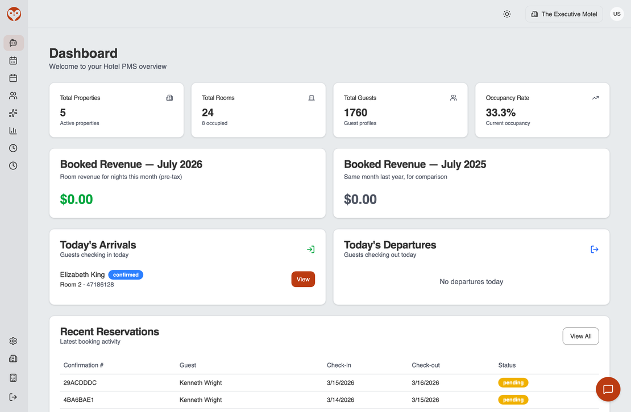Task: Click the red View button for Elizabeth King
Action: (x=303, y=279)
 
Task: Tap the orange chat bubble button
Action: (x=608, y=389)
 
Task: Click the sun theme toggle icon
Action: (x=507, y=14)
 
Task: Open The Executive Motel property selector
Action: (x=564, y=14)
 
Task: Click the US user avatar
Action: (x=617, y=14)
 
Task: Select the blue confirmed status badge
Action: (x=126, y=275)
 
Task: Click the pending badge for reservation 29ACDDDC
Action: (x=513, y=382)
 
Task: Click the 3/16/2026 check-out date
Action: (x=425, y=382)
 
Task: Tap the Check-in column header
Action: (x=338, y=365)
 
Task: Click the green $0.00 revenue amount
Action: (x=77, y=199)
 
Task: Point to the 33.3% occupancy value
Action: (x=500, y=113)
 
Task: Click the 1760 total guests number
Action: (x=355, y=113)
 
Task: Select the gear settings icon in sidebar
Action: (x=13, y=341)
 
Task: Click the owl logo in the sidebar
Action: (x=14, y=14)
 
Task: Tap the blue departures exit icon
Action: (x=595, y=249)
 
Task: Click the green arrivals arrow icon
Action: (x=311, y=249)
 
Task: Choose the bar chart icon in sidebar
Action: (x=13, y=130)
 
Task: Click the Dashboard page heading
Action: (x=84, y=53)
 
